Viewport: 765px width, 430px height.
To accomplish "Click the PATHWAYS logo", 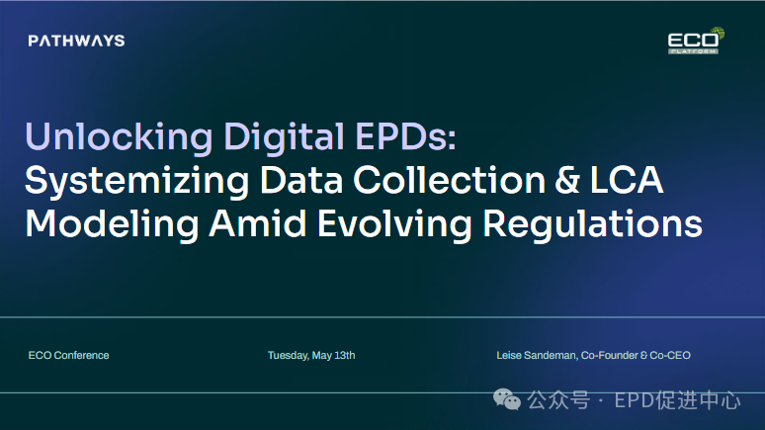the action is (76, 41).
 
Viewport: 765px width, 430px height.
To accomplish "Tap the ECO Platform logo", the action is (696, 41).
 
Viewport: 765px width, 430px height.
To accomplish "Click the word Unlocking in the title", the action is (119, 137).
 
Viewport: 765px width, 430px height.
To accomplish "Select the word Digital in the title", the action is (284, 137).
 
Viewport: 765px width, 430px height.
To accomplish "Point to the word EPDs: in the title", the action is (405, 136).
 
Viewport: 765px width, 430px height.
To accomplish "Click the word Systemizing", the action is (137, 182).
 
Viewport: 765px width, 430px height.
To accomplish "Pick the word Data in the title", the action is (301, 180).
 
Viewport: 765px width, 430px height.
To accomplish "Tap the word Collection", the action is (450, 180).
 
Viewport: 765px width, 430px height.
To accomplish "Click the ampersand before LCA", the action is (567, 180).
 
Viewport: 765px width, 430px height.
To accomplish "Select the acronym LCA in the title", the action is (627, 180).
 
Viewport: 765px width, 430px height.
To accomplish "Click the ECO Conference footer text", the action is (69, 355).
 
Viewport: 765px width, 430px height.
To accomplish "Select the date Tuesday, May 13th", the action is (311, 355).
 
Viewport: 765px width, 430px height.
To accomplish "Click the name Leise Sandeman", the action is (536, 355).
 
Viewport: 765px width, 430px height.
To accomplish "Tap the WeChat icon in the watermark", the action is (507, 399).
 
